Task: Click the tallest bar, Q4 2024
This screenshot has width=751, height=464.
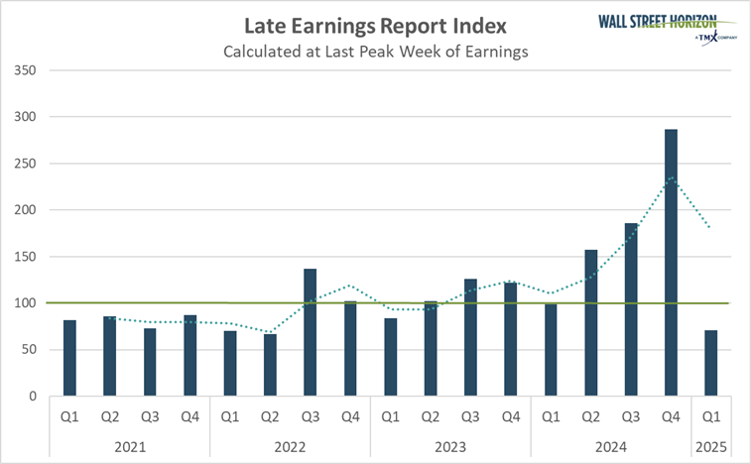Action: tap(672, 263)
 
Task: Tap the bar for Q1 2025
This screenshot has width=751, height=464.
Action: tap(712, 363)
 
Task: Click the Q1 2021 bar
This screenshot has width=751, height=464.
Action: tap(69, 358)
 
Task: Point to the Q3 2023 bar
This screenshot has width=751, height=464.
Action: tap(471, 337)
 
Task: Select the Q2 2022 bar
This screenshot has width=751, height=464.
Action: tap(270, 365)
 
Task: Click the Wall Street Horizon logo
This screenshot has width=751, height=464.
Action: tap(667, 25)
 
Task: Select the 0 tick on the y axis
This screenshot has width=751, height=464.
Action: tap(33, 397)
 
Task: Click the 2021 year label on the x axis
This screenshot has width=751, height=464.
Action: tap(129, 446)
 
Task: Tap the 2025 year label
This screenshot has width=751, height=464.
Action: tap(711, 446)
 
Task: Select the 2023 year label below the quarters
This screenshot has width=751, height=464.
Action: tap(450, 446)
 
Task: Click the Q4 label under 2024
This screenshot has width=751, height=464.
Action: tap(672, 418)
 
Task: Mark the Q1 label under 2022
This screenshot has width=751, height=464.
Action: tap(229, 418)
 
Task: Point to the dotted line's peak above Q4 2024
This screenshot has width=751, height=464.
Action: tap(672, 177)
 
